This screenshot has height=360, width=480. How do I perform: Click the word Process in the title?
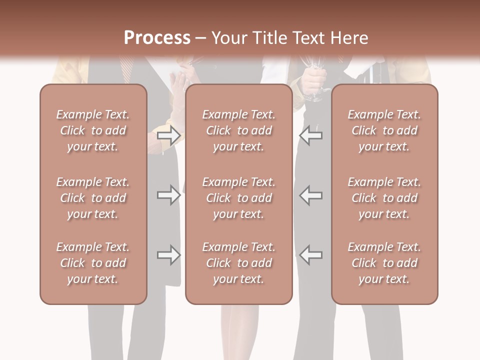pos(157,38)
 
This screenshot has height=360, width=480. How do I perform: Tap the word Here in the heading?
pos(348,38)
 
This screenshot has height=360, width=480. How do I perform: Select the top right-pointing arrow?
pos(169,135)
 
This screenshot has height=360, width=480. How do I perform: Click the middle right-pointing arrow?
pos(169,195)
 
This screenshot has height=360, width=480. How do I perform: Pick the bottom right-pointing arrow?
pos(169,255)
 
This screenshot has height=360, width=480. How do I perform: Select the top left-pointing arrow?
pos(310,135)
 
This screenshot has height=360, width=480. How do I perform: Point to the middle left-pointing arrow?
pos(310,195)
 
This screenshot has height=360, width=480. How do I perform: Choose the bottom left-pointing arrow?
pos(310,255)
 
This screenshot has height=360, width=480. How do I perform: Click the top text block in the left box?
pos(93,130)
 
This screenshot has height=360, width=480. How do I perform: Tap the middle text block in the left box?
pos(93,198)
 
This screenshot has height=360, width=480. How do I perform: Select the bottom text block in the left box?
pos(93,263)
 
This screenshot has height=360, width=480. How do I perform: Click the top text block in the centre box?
pos(238,130)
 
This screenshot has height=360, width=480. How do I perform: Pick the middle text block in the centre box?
pos(238,198)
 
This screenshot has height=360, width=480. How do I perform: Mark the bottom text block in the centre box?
pos(238,263)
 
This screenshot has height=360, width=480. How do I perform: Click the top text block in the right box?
pos(384,130)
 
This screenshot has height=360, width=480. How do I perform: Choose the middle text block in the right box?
pos(384,198)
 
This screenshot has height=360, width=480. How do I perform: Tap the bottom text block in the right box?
pos(384,263)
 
